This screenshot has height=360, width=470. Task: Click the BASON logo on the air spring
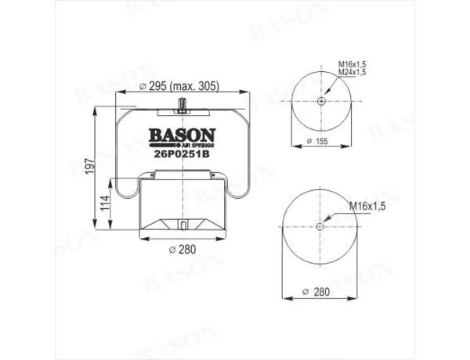tap(183, 135)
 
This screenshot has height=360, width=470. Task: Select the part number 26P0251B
tap(182, 153)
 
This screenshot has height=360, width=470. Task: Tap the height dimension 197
tap(89, 167)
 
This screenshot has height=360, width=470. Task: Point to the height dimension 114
tap(105, 203)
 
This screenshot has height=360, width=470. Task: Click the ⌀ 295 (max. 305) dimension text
tap(179, 86)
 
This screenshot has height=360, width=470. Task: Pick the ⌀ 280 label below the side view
tap(183, 249)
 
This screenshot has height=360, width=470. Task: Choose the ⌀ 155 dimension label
tap(317, 141)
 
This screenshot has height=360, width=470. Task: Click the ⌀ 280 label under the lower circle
tap(316, 292)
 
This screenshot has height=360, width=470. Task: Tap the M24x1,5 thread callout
tap(352, 72)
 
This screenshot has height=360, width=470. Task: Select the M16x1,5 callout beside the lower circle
tap(367, 207)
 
